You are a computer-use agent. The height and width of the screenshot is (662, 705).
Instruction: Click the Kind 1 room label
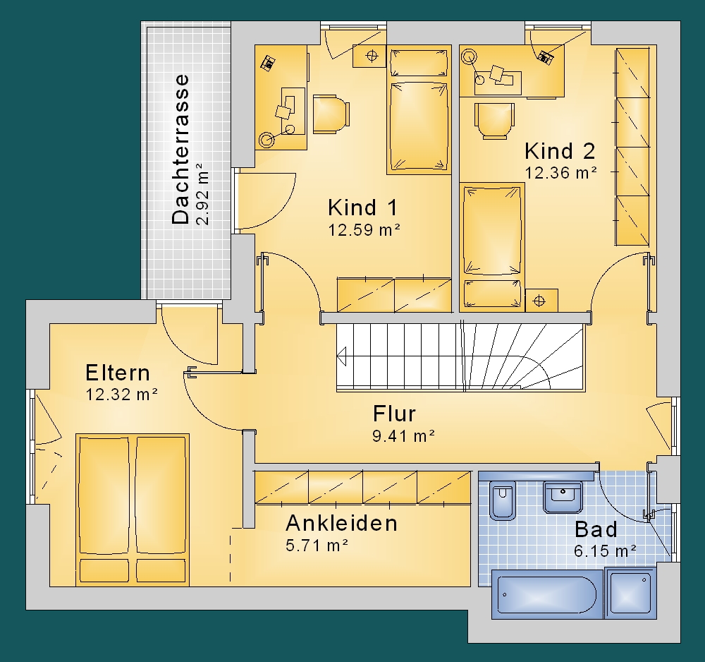(363, 208)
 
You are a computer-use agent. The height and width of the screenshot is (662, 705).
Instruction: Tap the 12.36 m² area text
(561, 173)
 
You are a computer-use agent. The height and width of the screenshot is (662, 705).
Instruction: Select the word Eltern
(118, 373)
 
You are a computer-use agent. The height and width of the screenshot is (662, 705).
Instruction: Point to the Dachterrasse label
(180, 149)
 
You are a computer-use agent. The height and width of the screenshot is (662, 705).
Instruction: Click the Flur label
(394, 414)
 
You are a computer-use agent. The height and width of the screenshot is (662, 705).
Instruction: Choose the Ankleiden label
(342, 524)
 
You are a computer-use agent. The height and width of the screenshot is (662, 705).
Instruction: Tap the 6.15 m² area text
(605, 550)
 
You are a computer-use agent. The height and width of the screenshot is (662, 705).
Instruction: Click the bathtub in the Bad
(547, 594)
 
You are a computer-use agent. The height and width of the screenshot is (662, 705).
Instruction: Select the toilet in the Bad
(502, 500)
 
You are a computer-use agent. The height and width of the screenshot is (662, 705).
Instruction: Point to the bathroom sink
(563, 497)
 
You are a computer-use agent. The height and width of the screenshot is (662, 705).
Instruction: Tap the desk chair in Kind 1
(331, 114)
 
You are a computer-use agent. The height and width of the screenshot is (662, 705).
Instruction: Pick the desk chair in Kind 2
(495, 121)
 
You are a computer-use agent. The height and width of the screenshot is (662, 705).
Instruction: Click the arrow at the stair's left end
(342, 356)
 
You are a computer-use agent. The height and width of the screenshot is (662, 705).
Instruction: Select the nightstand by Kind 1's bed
(369, 56)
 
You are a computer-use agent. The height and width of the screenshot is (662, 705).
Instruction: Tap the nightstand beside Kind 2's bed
(541, 300)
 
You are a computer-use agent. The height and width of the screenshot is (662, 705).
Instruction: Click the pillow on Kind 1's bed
(419, 64)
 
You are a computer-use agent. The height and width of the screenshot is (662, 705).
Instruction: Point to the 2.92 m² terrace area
(203, 193)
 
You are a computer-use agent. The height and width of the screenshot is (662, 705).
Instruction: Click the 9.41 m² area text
(403, 436)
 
